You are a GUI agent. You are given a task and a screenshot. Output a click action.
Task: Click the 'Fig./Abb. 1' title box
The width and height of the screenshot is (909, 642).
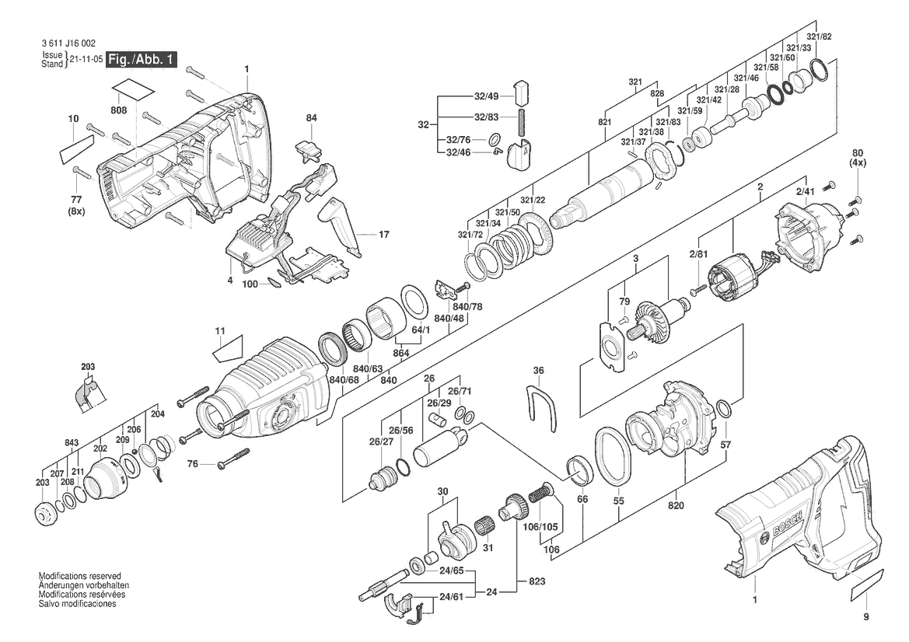(x=141, y=60)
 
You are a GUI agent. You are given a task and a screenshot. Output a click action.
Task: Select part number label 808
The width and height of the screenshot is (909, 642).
(x=118, y=110)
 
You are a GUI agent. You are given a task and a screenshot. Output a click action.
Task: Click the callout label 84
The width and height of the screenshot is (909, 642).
(x=311, y=118)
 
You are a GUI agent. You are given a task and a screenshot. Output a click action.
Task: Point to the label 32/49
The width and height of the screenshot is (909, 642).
(x=486, y=96)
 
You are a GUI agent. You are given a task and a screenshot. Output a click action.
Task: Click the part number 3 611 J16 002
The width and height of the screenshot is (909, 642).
(x=68, y=44)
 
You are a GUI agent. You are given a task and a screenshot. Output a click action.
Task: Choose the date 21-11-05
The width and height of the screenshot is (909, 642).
(x=86, y=60)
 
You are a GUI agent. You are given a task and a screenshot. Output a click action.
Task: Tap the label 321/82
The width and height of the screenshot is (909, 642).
(x=819, y=37)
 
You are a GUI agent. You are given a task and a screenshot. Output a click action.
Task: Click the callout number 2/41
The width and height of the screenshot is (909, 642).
(x=805, y=191)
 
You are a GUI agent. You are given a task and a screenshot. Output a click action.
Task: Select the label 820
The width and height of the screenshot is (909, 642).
(x=676, y=505)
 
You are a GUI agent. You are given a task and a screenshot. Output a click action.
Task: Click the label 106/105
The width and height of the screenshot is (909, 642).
(x=540, y=527)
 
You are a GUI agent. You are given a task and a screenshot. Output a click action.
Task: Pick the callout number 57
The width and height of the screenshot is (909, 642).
(x=725, y=445)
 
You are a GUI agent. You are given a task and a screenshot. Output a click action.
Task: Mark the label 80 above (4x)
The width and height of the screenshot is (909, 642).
(x=858, y=154)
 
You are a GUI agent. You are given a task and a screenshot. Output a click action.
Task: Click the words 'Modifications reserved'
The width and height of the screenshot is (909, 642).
(x=80, y=576)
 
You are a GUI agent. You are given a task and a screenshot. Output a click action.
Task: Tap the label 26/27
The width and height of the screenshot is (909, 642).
(x=381, y=442)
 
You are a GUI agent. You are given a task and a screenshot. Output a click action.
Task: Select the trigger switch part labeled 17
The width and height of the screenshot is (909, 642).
(x=341, y=225)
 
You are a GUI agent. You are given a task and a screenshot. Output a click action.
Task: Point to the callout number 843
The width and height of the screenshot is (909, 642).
(x=72, y=443)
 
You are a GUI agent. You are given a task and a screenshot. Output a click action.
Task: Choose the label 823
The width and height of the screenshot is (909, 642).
(x=537, y=581)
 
